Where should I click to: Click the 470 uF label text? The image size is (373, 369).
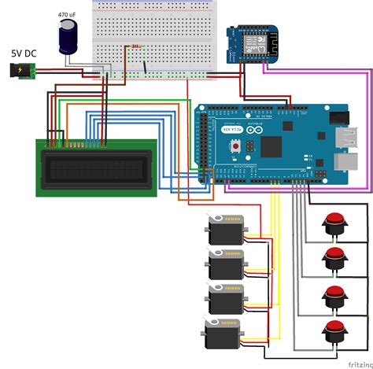pyautogui.click(x=68, y=14)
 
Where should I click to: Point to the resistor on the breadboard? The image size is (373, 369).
pyautogui.click(x=135, y=46)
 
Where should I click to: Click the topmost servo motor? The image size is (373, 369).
pyautogui.click(x=227, y=230)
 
